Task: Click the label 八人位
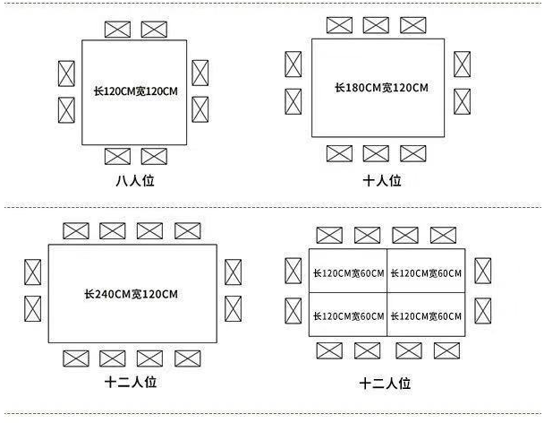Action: [135, 181]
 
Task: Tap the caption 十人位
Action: [382, 181]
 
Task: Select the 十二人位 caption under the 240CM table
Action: [131, 382]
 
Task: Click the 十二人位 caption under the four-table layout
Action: [385, 384]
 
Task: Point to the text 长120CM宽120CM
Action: [136, 91]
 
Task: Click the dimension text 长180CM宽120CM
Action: [381, 88]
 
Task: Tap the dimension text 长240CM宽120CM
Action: [132, 294]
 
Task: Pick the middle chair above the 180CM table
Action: [376, 25]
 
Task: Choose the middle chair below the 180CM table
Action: [376, 153]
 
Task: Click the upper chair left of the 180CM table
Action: [293, 65]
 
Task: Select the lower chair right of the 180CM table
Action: [462, 101]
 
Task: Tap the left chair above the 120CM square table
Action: [117, 30]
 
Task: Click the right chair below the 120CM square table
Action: [154, 157]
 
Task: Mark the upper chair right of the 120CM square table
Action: [200, 73]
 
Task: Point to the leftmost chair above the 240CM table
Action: [76, 231]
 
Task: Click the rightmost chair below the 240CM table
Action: [188, 358]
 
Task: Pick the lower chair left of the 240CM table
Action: [32, 308]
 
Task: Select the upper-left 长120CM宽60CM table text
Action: [349, 273]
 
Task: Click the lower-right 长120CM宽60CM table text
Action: [427, 316]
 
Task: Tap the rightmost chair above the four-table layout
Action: [444, 236]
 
